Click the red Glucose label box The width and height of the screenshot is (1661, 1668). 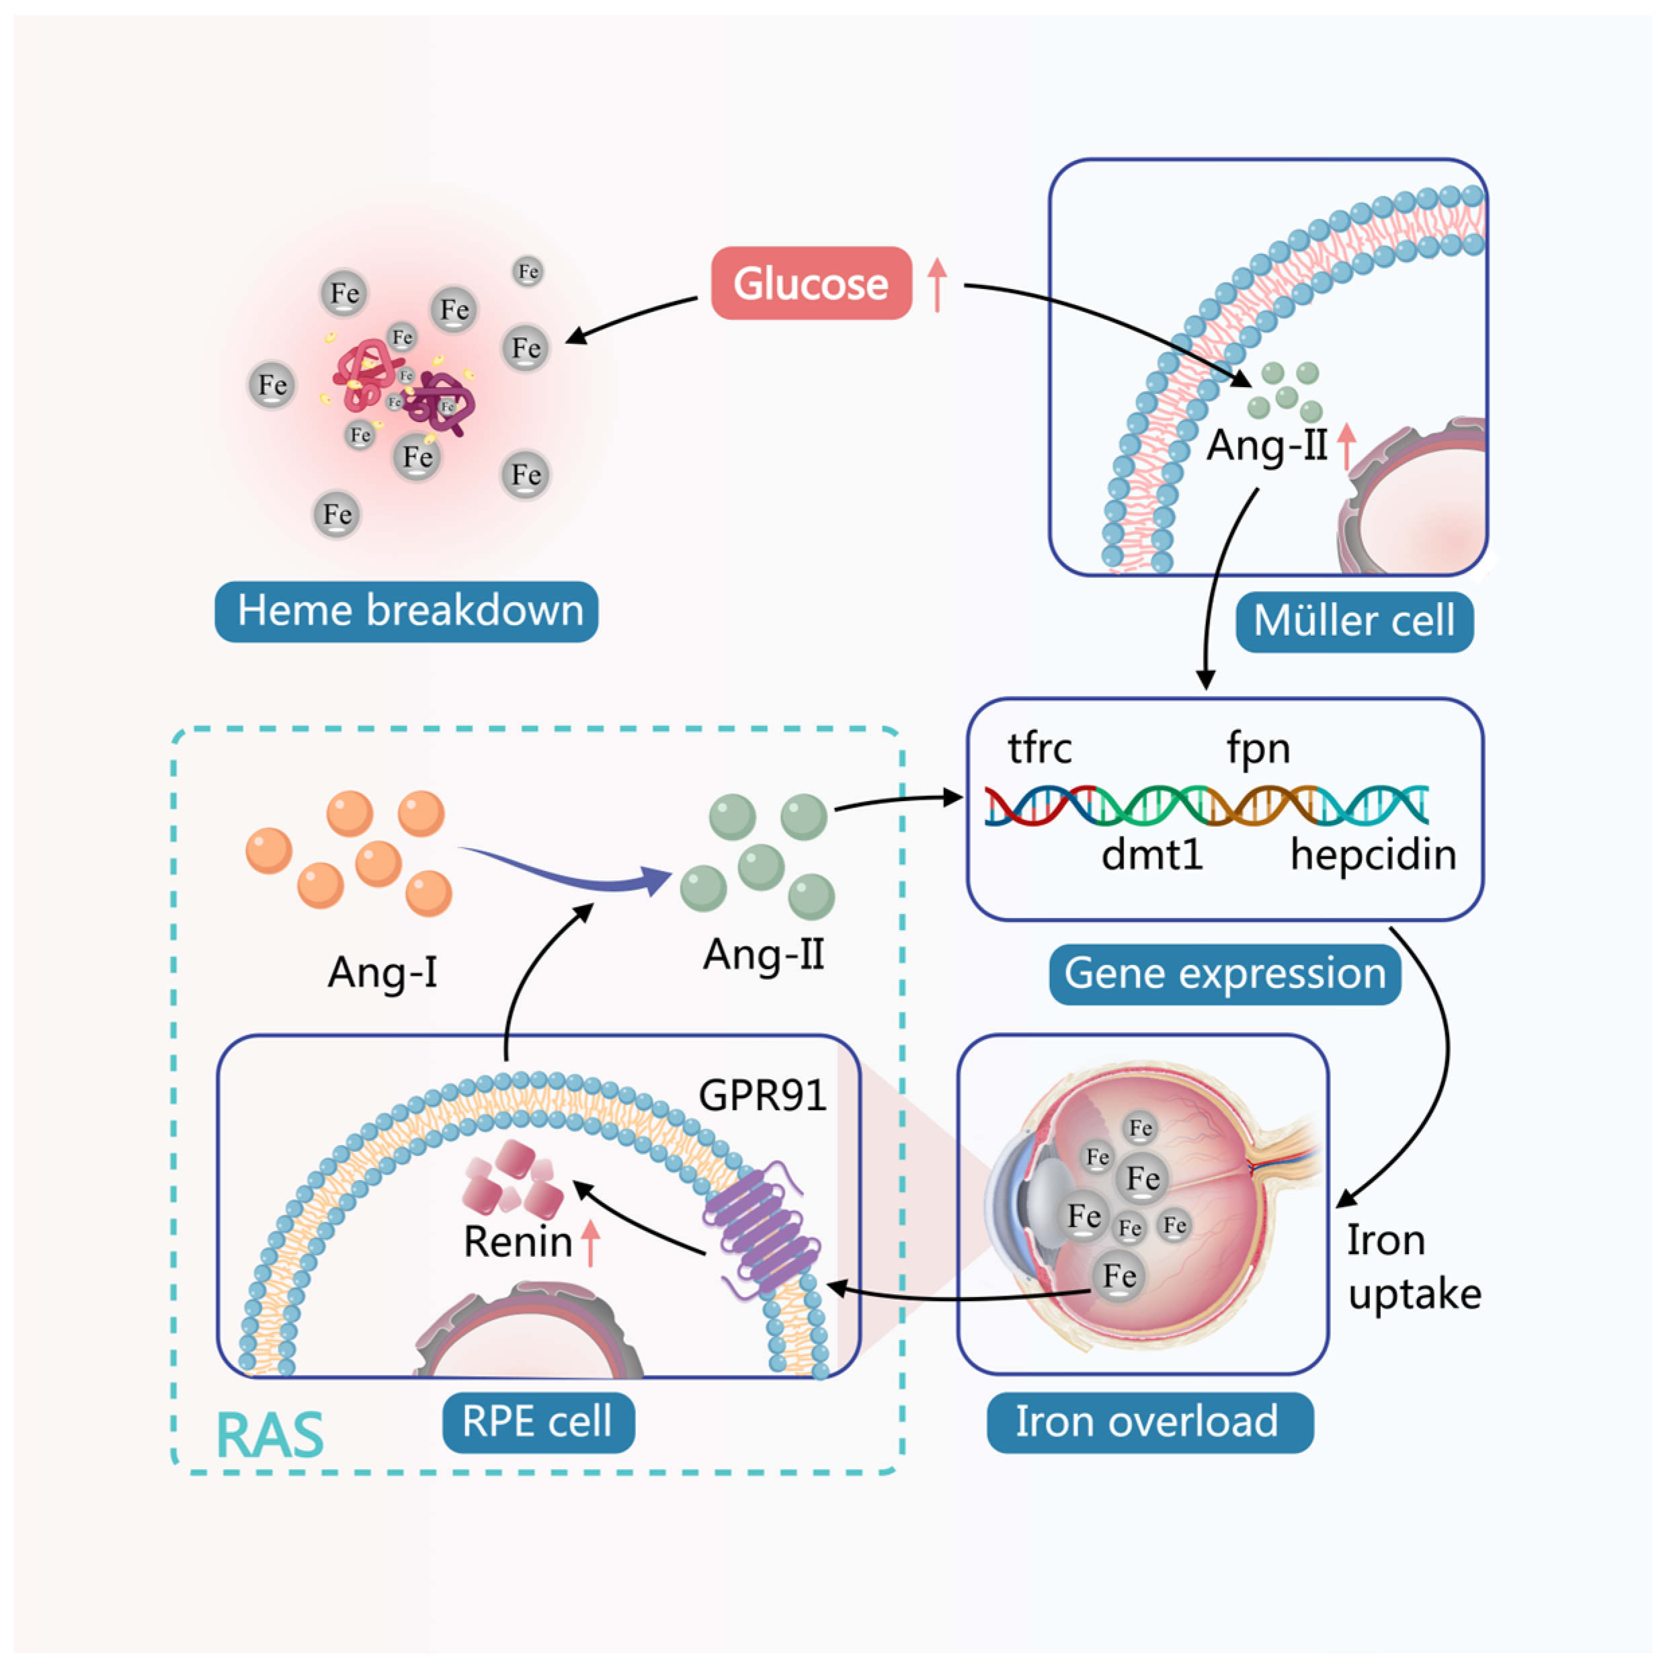tap(810, 283)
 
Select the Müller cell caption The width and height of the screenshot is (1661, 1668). tap(1354, 622)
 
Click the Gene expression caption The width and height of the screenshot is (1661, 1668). tap(1224, 974)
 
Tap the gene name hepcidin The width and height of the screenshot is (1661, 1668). tap(1373, 855)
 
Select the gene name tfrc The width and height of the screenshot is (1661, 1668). tap(1039, 748)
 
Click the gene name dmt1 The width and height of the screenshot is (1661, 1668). tap(1152, 855)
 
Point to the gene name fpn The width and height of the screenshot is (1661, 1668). tap(1258, 748)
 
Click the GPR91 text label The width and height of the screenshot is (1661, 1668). tap(762, 1095)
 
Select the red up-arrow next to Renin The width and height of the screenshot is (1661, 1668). tap(590, 1243)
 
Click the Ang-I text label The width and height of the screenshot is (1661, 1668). tap(382, 972)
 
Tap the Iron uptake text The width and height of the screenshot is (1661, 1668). tap(1412, 1267)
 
